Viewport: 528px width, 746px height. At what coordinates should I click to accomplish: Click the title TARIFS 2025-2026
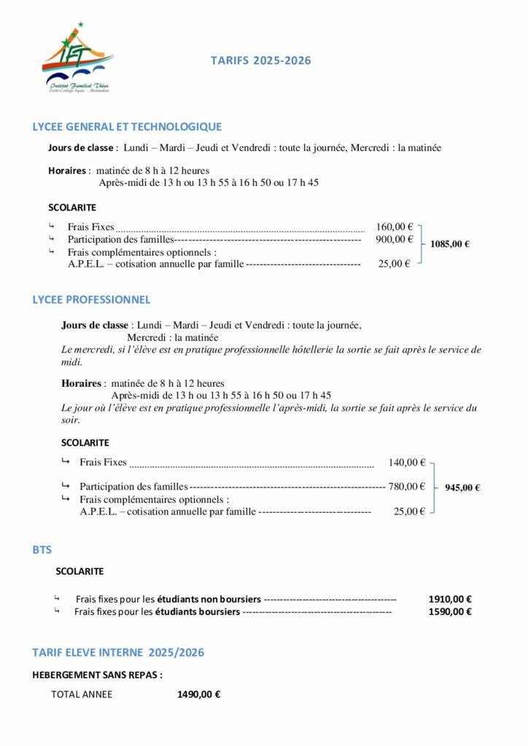(260, 60)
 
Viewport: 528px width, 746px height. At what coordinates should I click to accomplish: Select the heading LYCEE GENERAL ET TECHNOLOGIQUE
(127, 127)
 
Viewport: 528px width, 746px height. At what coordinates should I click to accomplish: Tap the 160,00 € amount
(395, 227)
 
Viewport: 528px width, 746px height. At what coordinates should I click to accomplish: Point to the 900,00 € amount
(395, 239)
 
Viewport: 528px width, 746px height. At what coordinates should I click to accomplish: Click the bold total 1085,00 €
(450, 245)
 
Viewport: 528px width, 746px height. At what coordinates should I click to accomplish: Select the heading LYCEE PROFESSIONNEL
(91, 299)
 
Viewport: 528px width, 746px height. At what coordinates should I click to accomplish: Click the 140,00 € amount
(407, 462)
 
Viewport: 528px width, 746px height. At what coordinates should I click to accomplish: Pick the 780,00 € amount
(407, 486)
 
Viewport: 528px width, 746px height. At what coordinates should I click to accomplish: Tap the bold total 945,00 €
(462, 487)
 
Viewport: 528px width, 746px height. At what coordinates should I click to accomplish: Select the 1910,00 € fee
(450, 599)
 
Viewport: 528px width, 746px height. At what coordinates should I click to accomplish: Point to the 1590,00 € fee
(450, 611)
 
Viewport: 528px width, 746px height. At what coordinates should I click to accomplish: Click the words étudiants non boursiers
(217, 599)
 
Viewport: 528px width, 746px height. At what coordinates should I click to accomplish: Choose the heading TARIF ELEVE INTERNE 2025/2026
(118, 652)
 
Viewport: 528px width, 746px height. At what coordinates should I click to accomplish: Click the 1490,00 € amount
(199, 694)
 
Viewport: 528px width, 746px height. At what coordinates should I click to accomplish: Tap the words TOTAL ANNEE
(82, 694)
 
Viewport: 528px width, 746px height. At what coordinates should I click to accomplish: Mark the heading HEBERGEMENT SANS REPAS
(98, 675)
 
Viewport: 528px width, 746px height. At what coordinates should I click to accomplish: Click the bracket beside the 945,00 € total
(435, 487)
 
